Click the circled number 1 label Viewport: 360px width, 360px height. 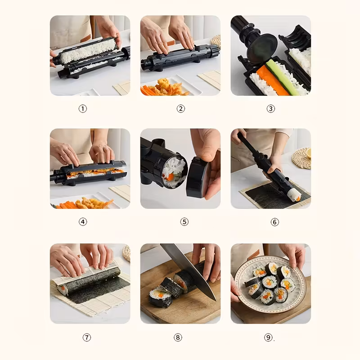pos(83,108)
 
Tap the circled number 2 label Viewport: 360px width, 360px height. pos(181,108)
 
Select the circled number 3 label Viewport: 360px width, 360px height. pos(271,108)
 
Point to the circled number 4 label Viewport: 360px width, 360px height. pos(83,222)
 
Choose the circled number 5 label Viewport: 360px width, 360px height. pos(184,222)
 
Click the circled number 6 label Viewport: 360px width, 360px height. pos(275,222)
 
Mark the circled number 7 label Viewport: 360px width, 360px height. pos(87,337)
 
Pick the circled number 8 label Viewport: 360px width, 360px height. pos(178,337)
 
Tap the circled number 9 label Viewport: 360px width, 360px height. pos(268,337)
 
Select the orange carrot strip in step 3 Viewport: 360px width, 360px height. pos(273,81)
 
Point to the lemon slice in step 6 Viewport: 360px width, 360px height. pos(309,153)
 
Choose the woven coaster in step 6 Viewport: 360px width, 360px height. pos(301,158)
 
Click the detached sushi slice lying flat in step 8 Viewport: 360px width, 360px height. pos(161,296)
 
